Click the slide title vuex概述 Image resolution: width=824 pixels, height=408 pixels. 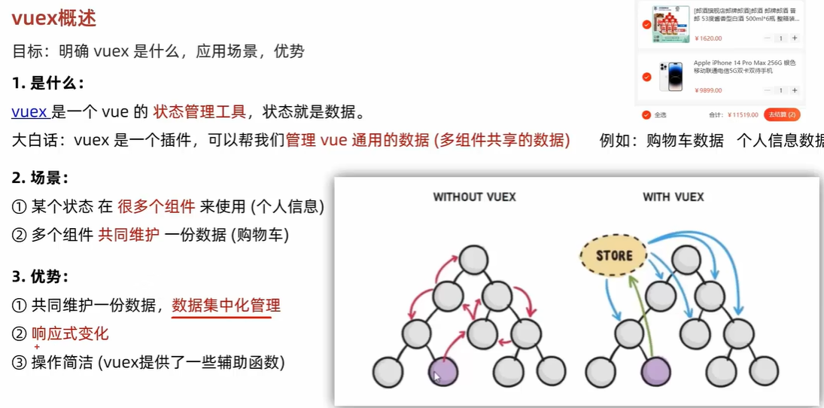53,18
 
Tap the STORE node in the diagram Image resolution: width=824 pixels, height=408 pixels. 614,255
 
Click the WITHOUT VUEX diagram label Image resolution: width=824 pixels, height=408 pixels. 474,197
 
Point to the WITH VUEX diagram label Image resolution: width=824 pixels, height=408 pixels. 673,197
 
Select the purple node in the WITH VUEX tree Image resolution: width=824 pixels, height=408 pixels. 655,371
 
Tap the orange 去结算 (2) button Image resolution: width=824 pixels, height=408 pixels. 782,115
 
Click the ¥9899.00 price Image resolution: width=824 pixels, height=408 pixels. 709,90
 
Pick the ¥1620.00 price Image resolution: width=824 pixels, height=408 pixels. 709,38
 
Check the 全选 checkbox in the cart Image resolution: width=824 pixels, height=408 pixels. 646,115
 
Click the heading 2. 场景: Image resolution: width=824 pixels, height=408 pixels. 41,178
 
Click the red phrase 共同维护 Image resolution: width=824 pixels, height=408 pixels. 129,235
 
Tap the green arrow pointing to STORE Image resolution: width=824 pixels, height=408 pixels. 641,316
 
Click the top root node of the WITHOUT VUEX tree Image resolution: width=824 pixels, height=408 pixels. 471,260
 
